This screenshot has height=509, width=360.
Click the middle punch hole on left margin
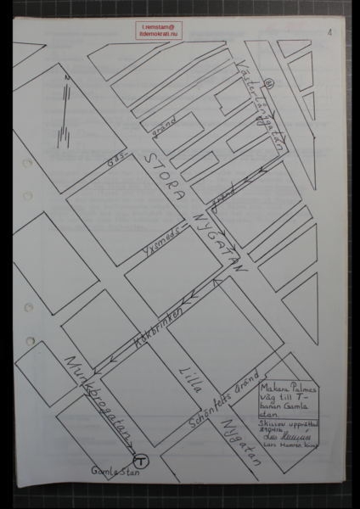click(x=29, y=306)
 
